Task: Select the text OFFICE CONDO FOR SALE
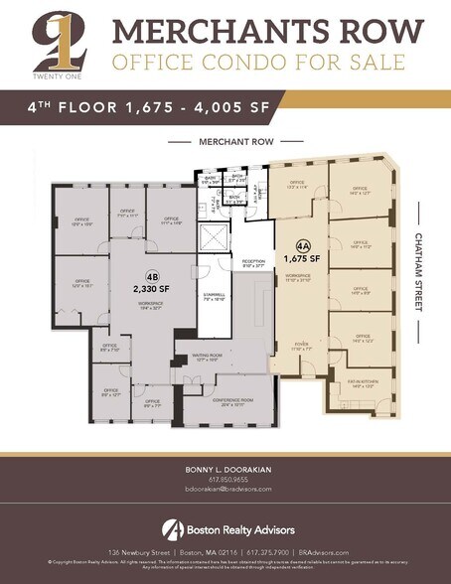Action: click(x=257, y=63)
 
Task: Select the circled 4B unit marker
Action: click(x=152, y=277)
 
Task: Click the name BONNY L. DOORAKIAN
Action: click(x=225, y=468)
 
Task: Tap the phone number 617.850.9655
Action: click(x=225, y=479)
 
